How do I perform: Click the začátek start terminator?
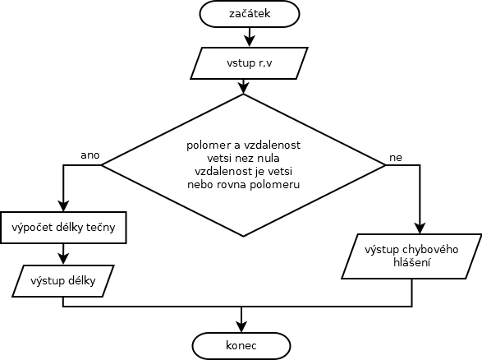[250, 14]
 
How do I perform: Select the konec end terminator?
[241, 345]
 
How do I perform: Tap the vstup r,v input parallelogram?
[250, 63]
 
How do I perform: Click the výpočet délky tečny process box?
[63, 228]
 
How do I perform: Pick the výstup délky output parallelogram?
[63, 281]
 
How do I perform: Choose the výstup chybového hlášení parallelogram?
[411, 256]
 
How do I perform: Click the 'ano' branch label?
[90, 155]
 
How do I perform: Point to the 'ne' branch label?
[396, 158]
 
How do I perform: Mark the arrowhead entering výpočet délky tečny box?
[63, 206]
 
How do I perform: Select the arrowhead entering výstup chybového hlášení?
[420, 228]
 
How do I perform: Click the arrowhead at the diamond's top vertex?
[243, 89]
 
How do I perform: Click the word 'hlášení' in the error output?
[411, 263]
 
